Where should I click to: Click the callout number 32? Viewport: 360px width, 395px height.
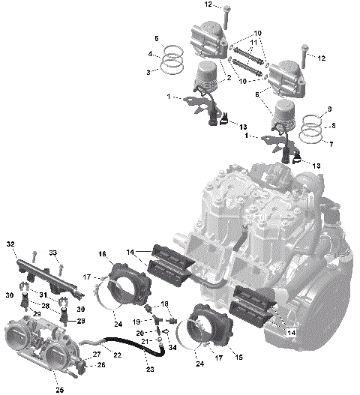click(10, 244)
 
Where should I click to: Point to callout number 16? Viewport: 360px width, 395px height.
click(102, 255)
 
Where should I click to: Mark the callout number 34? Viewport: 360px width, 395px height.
click(173, 347)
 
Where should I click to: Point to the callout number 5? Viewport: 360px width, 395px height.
click(157, 38)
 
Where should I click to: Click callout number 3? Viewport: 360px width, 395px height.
click(149, 71)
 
